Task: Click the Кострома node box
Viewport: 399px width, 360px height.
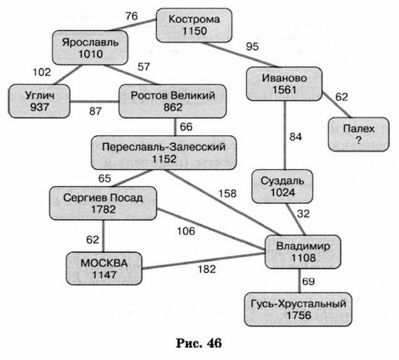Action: click(x=194, y=25)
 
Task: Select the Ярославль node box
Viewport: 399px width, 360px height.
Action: click(x=90, y=48)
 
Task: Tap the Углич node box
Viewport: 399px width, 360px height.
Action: click(x=39, y=101)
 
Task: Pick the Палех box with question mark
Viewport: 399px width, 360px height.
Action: click(x=359, y=134)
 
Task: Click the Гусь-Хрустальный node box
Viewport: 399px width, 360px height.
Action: click(x=298, y=309)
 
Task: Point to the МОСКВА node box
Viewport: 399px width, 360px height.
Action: click(x=104, y=269)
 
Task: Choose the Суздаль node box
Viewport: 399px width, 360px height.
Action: click(x=282, y=186)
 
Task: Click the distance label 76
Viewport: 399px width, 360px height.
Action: click(x=131, y=16)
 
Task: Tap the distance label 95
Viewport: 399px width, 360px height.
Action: click(x=252, y=46)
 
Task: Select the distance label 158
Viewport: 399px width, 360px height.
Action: click(x=227, y=194)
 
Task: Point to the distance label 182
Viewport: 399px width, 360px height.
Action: click(x=206, y=270)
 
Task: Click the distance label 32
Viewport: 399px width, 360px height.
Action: click(x=303, y=214)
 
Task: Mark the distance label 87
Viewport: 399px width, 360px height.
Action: click(x=95, y=111)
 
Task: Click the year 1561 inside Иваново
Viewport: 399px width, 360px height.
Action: click(x=285, y=90)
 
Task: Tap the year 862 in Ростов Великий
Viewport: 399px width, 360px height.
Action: click(x=173, y=107)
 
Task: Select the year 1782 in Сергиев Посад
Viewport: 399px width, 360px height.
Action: click(x=104, y=209)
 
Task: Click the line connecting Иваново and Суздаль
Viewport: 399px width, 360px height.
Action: click(x=285, y=135)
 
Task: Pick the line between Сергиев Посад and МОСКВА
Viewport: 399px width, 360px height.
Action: click(x=104, y=236)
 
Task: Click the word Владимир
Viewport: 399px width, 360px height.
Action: click(x=303, y=246)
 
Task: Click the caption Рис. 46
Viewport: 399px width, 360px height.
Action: click(x=199, y=343)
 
